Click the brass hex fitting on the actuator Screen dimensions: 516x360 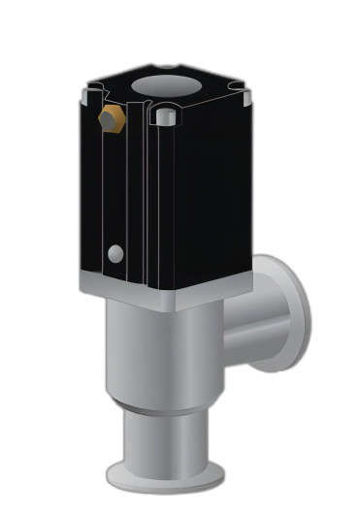pyautogui.click(x=112, y=119)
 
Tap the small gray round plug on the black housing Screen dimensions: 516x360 pyautogui.click(x=115, y=253)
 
